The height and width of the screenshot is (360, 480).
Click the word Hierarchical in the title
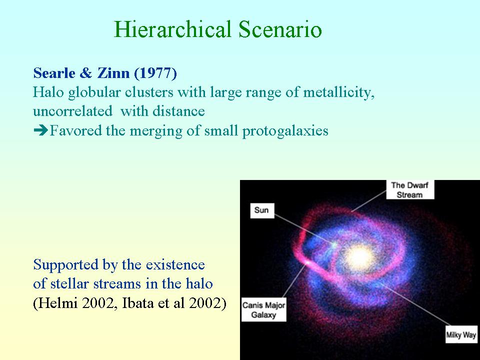(x=172, y=29)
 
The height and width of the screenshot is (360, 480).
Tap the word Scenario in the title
(x=280, y=29)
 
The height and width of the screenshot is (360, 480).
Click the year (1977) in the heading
(x=155, y=73)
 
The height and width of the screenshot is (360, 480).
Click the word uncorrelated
(x=73, y=111)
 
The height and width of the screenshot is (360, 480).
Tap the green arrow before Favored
(x=40, y=130)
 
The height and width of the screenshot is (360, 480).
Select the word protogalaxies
(x=285, y=131)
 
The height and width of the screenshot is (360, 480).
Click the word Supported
(x=66, y=265)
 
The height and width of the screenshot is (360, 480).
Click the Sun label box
(x=262, y=210)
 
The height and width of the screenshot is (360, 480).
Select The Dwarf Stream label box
(x=410, y=189)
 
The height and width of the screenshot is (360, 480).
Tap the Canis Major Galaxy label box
(x=264, y=309)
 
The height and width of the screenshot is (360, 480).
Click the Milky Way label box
(x=461, y=334)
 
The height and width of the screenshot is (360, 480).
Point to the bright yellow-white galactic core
(x=358, y=257)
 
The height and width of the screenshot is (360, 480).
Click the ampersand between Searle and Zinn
(x=86, y=73)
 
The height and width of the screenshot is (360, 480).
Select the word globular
(x=94, y=92)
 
